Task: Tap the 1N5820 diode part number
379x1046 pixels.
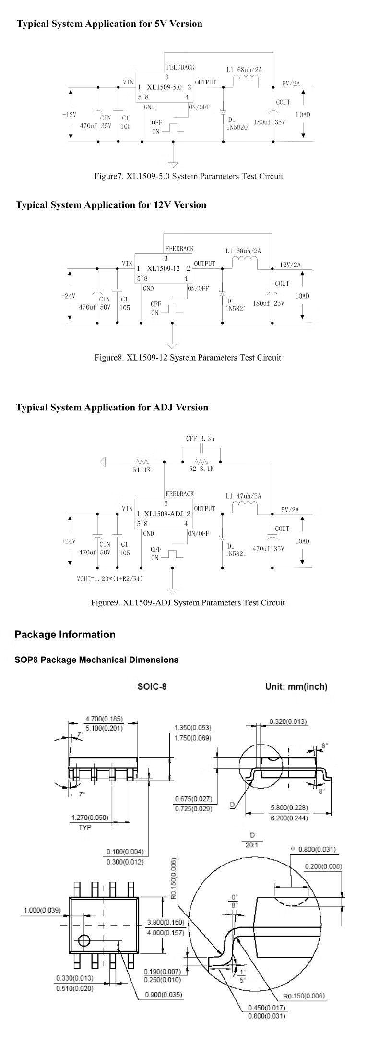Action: point(238,127)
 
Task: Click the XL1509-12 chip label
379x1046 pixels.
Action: point(164,269)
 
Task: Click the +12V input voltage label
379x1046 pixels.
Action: point(69,115)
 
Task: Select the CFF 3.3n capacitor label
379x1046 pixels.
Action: point(201,439)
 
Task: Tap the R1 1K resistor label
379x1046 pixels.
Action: point(142,470)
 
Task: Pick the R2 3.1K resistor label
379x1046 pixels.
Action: point(201,469)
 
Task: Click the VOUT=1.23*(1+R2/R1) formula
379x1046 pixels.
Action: point(110,578)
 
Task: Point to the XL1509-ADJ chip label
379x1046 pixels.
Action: point(164,514)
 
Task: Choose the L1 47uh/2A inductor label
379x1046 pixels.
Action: point(243,496)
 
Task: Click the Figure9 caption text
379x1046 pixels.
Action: point(188,602)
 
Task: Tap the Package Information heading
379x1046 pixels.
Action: point(65,635)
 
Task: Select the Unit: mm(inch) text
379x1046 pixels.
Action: point(296,686)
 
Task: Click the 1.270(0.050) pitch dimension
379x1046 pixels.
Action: point(90,818)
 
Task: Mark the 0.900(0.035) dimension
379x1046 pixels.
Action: point(164,994)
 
